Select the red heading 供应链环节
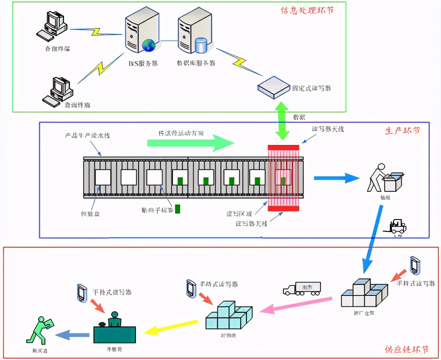pos(406,349)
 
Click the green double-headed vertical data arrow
pos(282,121)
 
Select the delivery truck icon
pos(302,288)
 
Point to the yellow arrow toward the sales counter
pos(171,327)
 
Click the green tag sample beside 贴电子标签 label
pos(177,209)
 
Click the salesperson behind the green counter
pos(114,320)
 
